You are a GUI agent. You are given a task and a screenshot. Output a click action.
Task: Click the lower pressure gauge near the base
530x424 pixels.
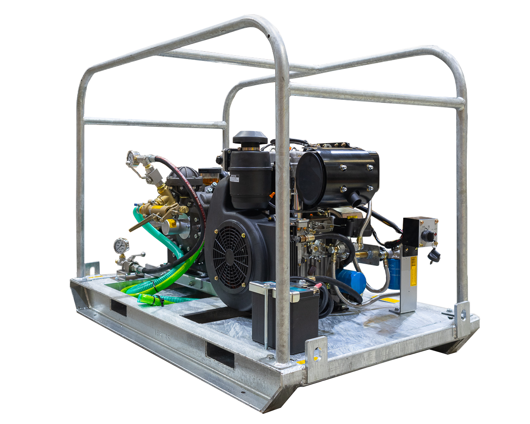[121, 246]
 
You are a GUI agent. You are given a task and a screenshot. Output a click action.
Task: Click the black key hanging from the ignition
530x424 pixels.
[434, 255]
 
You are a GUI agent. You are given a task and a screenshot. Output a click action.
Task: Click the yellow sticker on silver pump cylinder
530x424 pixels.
[172, 224]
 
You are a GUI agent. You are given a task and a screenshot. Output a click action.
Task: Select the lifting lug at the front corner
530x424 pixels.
[316, 353]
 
